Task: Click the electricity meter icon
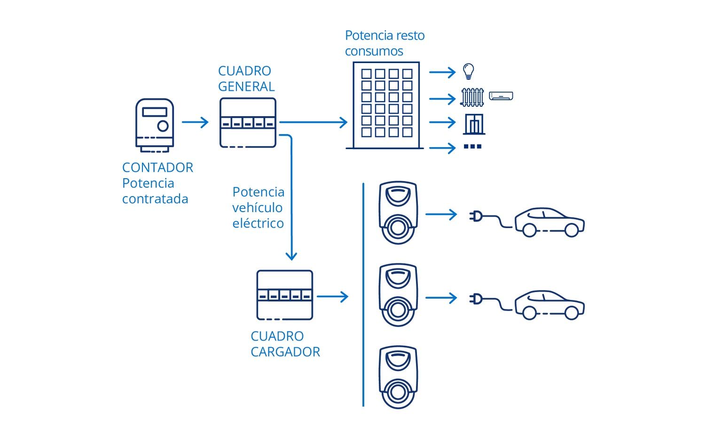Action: coord(155,125)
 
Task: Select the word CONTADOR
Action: coord(157,167)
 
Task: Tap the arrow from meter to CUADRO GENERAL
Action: coord(195,122)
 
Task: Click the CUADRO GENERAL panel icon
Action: coord(248,123)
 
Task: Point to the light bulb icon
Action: coord(468,71)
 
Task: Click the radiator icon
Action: coord(472,97)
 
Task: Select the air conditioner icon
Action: coord(501,96)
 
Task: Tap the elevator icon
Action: coord(474,124)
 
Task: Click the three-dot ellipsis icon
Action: coord(472,147)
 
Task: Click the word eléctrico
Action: coord(258,223)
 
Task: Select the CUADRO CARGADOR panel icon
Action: coord(284,295)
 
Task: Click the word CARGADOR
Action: coord(285,352)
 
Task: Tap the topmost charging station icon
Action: coord(398,213)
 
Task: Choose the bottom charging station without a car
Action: coord(398,377)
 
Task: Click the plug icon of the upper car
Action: coord(476,216)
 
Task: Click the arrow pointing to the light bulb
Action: coord(442,72)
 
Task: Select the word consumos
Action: coord(374,51)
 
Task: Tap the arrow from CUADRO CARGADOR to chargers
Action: coord(332,297)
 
